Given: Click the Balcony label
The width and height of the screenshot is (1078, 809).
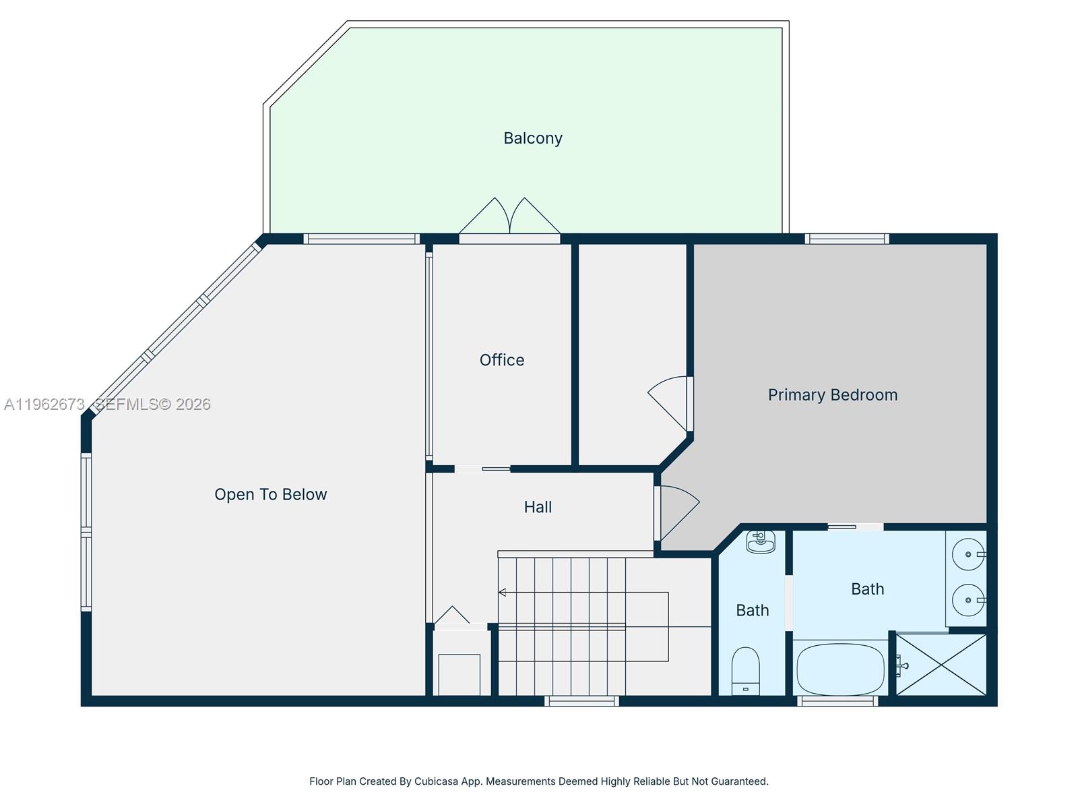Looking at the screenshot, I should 532,138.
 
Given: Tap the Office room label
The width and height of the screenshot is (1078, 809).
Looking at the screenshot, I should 501,360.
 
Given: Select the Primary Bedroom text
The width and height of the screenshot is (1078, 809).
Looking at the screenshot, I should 832,395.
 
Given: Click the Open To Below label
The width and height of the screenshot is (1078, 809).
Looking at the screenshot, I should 270,495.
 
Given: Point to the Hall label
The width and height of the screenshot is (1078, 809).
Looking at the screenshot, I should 538,507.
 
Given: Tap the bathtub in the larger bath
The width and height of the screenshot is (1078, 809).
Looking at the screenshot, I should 840,669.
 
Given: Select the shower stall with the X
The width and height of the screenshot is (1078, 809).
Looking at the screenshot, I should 941,665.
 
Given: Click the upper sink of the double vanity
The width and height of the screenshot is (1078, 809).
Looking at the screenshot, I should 969,554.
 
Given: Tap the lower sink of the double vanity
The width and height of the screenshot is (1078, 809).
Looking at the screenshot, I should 969,599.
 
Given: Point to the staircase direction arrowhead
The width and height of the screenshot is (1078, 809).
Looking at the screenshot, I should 502,593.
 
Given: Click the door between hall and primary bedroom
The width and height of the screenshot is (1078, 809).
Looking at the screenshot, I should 677,512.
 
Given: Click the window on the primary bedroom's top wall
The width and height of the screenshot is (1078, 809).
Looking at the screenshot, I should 846,239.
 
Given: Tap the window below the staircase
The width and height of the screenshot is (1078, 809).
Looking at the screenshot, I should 581,701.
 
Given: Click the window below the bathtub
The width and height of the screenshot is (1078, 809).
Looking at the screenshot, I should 837,701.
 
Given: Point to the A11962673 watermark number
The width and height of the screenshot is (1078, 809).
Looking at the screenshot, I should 44,404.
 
